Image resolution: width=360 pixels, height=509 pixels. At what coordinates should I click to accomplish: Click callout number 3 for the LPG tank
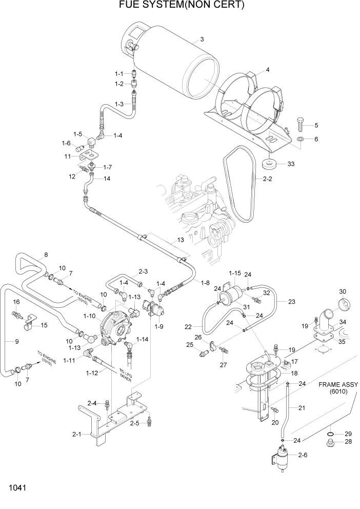202,40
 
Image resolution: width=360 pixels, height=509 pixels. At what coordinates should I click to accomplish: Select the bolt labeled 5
301,123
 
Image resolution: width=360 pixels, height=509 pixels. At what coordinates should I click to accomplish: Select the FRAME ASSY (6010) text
337,388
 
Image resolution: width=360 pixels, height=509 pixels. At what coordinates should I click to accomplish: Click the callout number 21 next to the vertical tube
302,408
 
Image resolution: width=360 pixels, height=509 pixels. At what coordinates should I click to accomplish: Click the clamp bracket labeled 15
29,322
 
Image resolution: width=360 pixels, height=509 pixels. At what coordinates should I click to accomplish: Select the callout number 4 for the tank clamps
267,70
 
